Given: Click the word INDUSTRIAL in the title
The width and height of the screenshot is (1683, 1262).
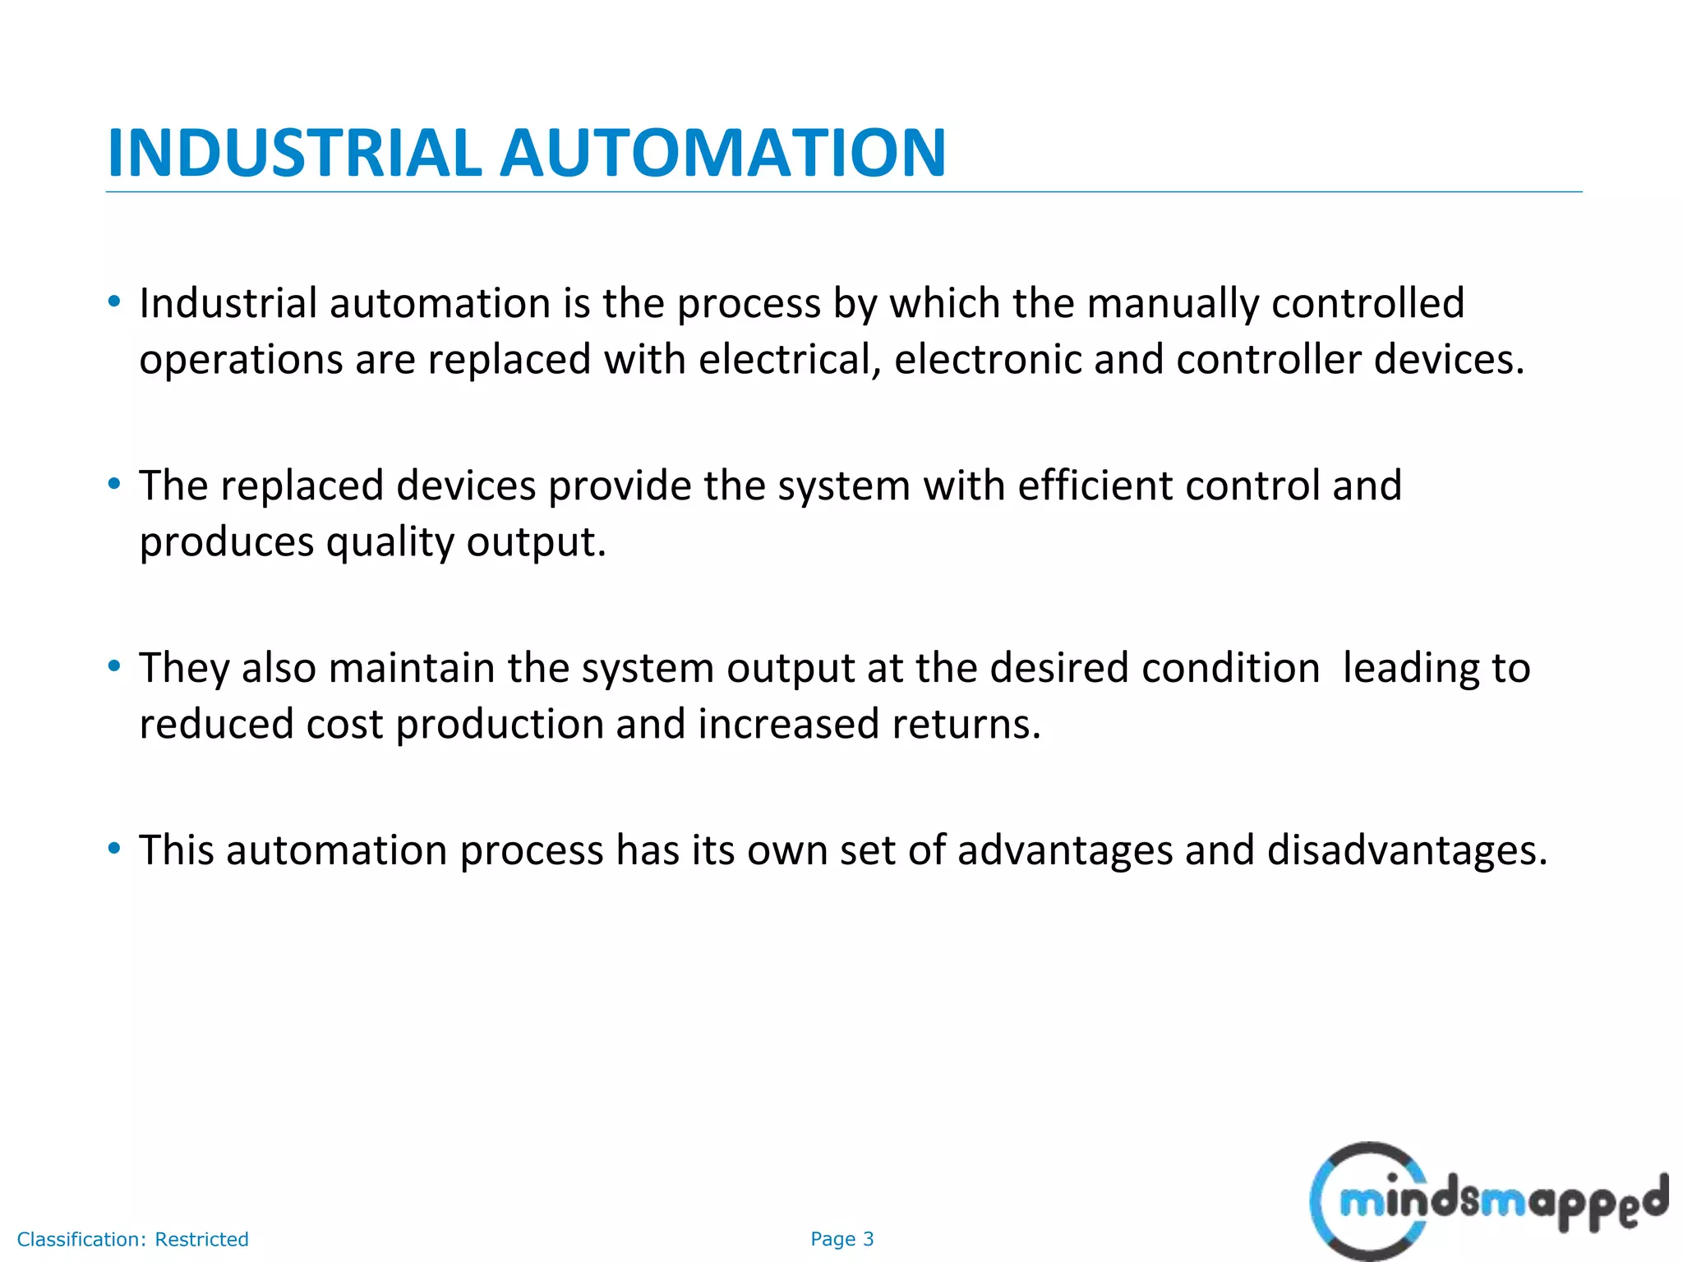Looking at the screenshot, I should pyautogui.click(x=293, y=153).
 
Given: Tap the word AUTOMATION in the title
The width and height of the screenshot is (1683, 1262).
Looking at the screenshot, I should pyautogui.click(x=723, y=153).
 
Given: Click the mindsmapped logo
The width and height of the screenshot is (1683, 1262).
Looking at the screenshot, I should pyautogui.click(x=1487, y=1201).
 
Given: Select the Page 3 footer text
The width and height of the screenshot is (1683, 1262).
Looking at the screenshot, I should pyautogui.click(x=841, y=1239).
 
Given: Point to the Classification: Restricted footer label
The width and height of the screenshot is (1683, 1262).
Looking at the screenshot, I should pyautogui.click(x=132, y=1239).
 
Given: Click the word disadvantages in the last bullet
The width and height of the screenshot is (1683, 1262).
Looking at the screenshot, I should pyautogui.click(x=1407, y=850).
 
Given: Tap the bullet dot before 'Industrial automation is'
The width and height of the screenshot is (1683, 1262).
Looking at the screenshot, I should pyautogui.click(x=114, y=301).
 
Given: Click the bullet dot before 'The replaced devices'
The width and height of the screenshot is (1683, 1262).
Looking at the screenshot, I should pyautogui.click(x=114, y=483).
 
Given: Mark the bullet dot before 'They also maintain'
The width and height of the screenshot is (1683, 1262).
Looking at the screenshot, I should pyautogui.click(x=114, y=666).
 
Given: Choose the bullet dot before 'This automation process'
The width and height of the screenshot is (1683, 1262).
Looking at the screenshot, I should pyautogui.click(x=114, y=847).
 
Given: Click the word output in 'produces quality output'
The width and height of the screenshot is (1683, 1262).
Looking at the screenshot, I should pyautogui.click(x=536, y=543).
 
